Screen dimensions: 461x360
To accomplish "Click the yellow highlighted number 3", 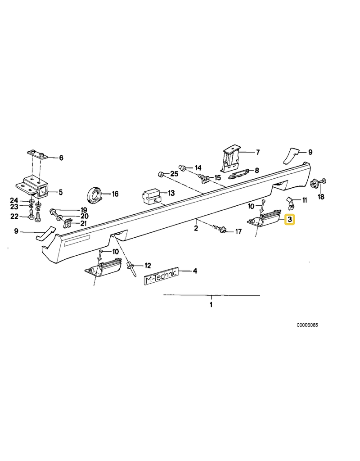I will (290, 220).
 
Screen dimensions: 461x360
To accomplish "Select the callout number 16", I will (115, 194).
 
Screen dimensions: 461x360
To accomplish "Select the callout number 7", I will (257, 153).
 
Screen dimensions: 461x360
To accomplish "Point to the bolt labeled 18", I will (313, 183).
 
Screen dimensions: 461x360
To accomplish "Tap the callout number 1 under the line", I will (211, 304).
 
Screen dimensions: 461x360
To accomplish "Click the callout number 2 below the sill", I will (196, 228).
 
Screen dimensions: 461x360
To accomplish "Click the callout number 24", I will (14, 200).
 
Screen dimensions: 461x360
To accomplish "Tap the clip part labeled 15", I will (205, 180).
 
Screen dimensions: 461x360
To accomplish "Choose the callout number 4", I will (194, 271).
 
